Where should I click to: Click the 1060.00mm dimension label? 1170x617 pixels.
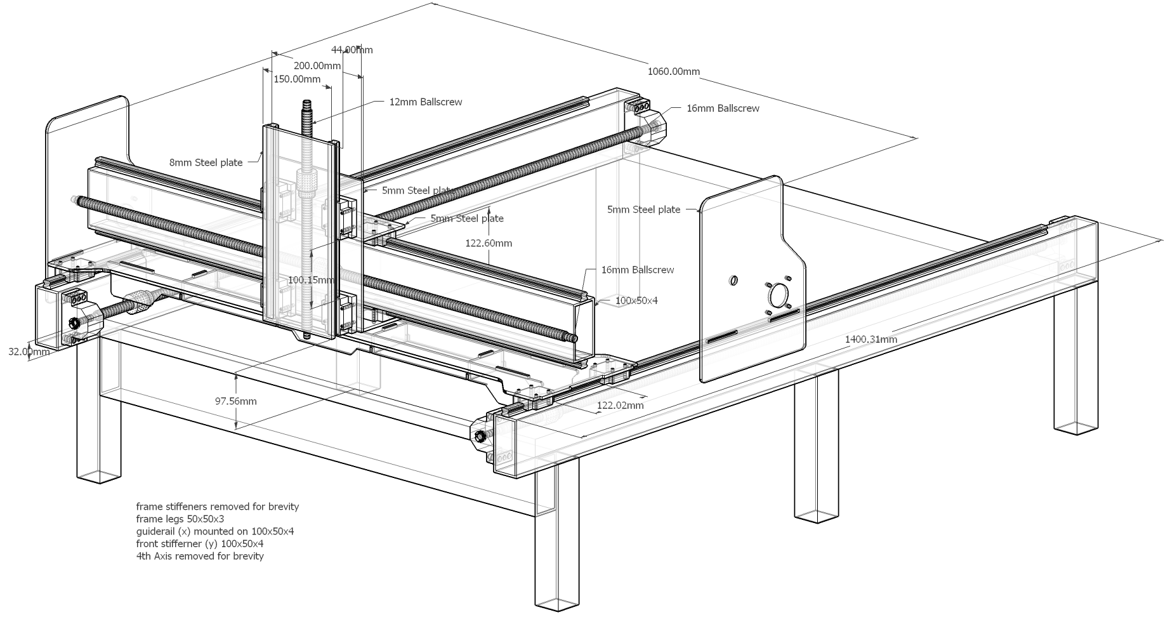pos(673,72)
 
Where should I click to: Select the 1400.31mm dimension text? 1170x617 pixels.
pos(871,340)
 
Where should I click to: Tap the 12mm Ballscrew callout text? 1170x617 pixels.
pos(425,102)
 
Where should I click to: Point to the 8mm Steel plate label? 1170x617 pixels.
pos(206,163)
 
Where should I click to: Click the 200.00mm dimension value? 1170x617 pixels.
pos(317,65)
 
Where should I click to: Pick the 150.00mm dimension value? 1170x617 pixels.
pos(297,79)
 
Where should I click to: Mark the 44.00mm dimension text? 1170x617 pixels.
pos(352,50)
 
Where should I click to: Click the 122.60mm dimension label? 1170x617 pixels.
pos(489,243)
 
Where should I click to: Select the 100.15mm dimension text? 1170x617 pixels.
pos(311,280)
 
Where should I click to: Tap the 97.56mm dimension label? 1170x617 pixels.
pos(235,401)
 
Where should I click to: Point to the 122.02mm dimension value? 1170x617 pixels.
pos(621,406)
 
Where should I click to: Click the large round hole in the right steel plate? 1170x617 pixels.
pos(778,295)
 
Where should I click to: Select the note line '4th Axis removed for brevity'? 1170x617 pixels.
pos(200,556)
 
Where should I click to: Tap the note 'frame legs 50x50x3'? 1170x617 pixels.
pos(180,519)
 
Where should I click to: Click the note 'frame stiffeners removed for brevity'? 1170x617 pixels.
pos(217,507)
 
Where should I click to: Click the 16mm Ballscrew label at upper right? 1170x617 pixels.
pos(723,109)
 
